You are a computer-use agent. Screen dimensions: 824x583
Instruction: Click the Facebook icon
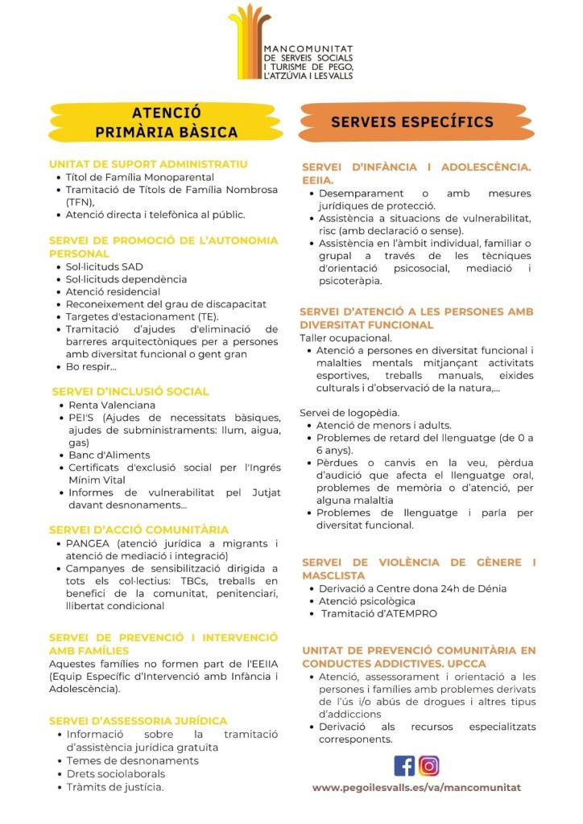[x=404, y=765]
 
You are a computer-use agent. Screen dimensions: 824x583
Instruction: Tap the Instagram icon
[x=429, y=765]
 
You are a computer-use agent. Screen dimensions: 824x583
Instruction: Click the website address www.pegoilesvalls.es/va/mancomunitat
[x=416, y=788]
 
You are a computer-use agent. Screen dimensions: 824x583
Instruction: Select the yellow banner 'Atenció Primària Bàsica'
[x=167, y=122]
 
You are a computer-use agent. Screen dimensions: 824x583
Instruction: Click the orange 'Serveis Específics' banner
[x=411, y=122]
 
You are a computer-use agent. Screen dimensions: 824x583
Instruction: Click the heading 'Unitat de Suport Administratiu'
[x=148, y=164]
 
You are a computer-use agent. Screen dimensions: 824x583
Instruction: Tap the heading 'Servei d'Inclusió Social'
[x=130, y=391]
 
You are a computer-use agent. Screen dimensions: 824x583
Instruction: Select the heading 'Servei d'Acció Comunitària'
[x=139, y=529]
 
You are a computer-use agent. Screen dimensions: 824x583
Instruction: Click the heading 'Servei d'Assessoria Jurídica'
[x=138, y=721]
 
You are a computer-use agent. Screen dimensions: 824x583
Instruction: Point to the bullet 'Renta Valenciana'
[x=112, y=405]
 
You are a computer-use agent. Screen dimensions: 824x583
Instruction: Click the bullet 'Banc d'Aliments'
[x=110, y=455]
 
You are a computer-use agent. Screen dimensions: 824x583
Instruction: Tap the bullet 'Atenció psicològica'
[x=366, y=601]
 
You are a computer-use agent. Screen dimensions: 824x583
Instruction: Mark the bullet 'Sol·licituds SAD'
[x=105, y=266]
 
